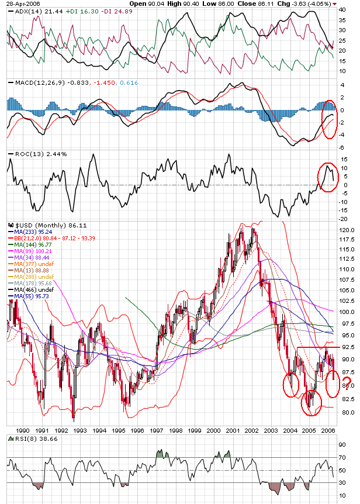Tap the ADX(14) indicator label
tap(27, 11)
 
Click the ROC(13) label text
tap(26, 154)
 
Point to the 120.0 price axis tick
tap(347, 230)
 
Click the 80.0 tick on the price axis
tap(347, 412)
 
